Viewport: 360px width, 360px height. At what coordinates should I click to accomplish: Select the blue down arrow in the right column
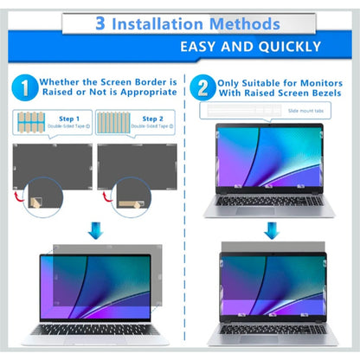[x=271, y=230]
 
